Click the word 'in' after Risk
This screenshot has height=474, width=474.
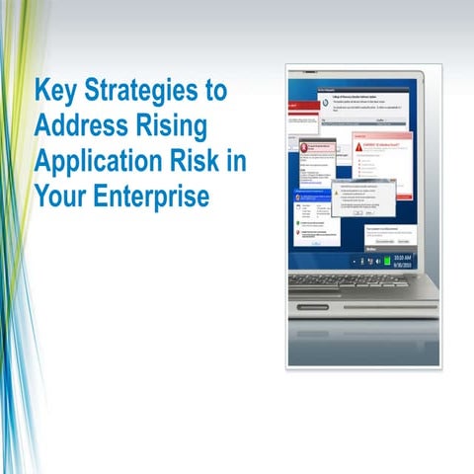[236, 162]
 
